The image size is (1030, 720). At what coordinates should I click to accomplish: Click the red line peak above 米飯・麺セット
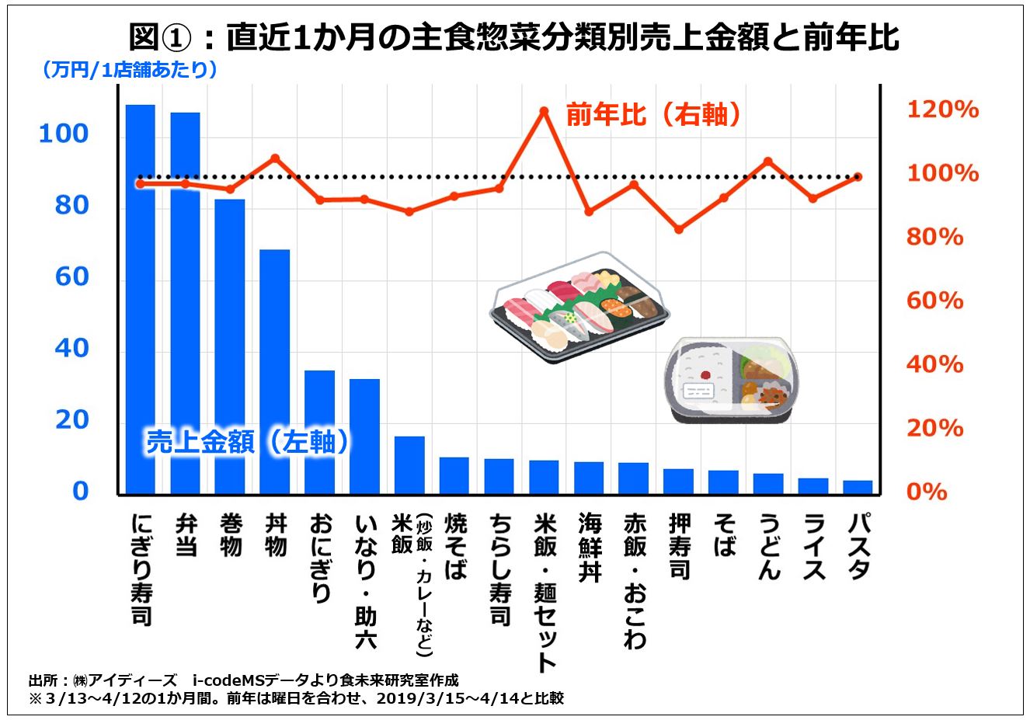tap(544, 111)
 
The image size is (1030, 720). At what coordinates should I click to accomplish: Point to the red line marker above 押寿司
tap(679, 229)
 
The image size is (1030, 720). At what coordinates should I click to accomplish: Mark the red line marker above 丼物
tap(275, 158)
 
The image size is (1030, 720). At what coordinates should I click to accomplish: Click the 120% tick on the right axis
tap(942, 110)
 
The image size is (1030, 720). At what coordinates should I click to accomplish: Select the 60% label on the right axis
tap(935, 301)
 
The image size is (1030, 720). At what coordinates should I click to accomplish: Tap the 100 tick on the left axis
tap(64, 134)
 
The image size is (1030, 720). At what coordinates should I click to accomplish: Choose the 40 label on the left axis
tap(71, 349)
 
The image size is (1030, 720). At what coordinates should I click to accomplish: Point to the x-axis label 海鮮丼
tap(590, 547)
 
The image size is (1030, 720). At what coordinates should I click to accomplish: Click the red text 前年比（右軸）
tap(653, 115)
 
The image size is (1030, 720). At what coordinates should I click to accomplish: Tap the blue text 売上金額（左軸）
tap(248, 442)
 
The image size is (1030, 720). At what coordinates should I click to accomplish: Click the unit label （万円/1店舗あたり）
tap(129, 70)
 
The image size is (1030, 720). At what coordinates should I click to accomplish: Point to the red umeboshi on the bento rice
tap(706, 374)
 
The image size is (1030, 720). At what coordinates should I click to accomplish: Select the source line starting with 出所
tap(242, 680)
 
